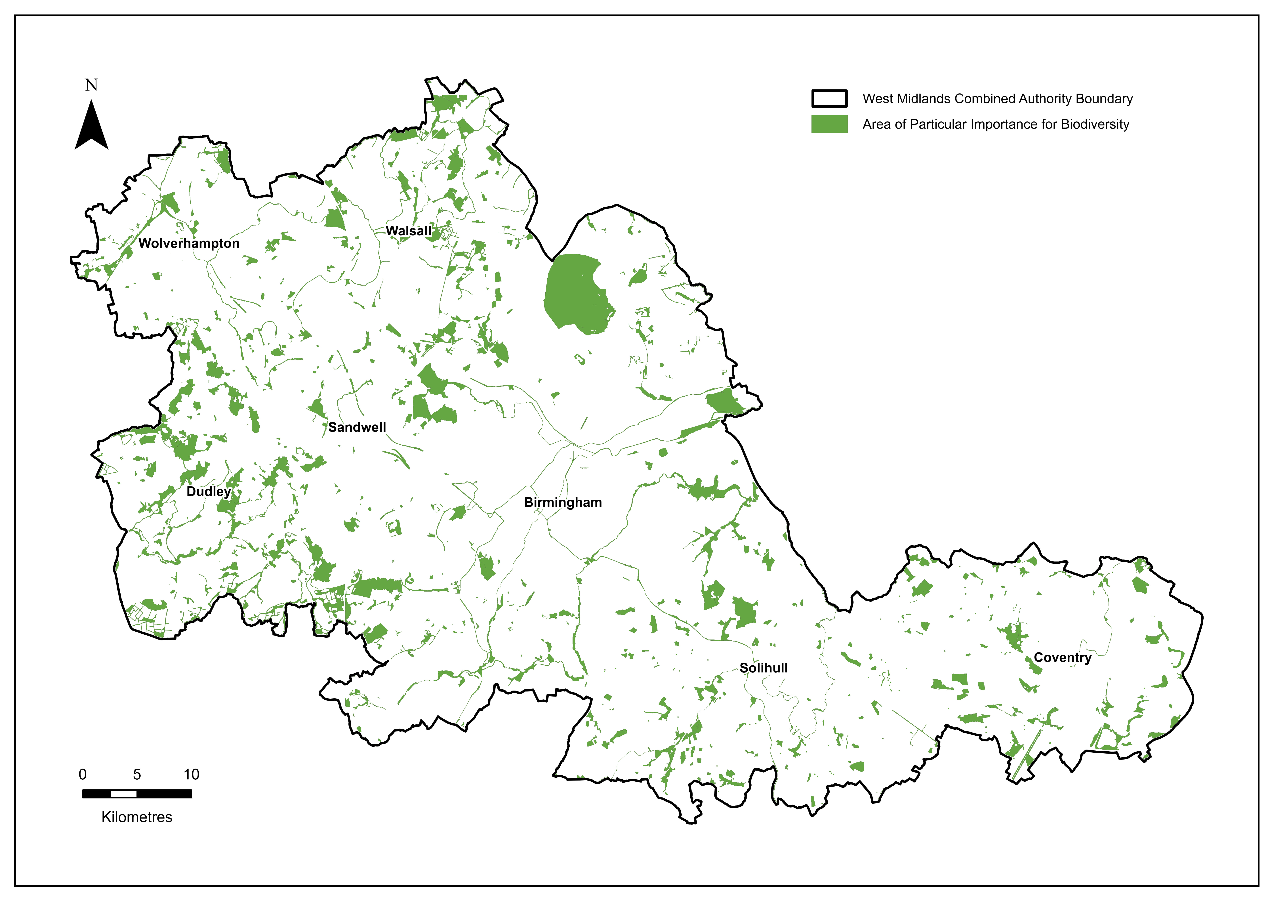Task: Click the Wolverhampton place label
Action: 189,243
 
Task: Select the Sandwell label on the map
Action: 357,427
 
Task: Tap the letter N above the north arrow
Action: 91,85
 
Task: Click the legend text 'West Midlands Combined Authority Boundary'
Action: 997,99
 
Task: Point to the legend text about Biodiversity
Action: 996,125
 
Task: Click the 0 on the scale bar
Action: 82,775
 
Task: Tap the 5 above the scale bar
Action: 137,775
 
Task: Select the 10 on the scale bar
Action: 191,775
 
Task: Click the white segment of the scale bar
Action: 123,794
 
